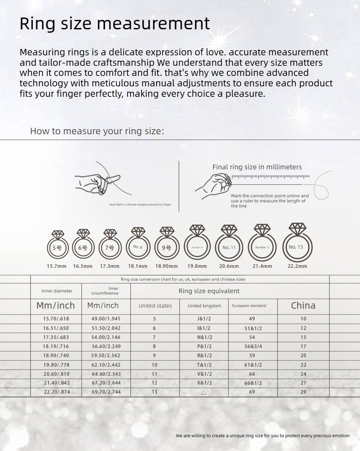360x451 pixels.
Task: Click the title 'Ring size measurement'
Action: click(115, 24)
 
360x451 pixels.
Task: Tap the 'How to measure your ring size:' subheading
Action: click(97, 131)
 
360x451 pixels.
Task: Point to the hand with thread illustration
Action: click(98, 182)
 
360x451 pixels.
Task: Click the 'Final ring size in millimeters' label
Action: click(257, 167)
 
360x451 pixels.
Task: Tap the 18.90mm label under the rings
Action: click(166, 266)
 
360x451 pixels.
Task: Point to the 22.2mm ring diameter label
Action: click(297, 266)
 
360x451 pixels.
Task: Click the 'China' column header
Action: click(303, 305)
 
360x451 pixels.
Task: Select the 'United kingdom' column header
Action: click(204, 306)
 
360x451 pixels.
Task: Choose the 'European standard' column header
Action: click(249, 306)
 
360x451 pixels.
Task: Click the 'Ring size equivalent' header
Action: click(209, 291)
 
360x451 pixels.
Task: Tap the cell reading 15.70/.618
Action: click(56, 319)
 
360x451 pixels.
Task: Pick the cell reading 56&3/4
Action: click(253, 346)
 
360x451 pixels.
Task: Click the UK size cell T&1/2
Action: click(204, 365)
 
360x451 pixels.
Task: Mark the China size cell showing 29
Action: click(303, 392)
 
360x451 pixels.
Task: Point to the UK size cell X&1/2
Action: click(204, 383)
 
